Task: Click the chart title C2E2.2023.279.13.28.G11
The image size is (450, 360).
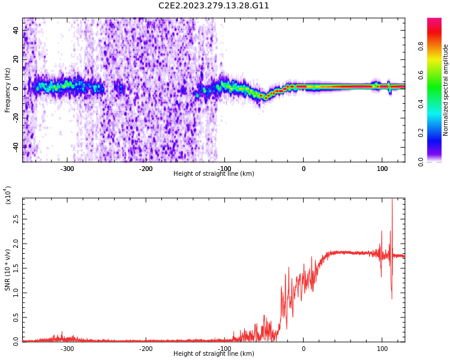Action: (214, 6)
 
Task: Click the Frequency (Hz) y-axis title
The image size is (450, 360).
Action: (7, 90)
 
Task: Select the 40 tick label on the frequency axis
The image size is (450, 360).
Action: (16, 30)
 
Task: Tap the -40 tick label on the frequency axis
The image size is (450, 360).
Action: (16, 147)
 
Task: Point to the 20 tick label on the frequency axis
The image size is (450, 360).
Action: (16, 59)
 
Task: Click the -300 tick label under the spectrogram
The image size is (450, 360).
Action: (67, 169)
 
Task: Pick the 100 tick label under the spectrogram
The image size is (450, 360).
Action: (382, 169)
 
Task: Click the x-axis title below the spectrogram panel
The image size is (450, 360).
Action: (214, 173)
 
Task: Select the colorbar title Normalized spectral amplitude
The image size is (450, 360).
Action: (445, 90)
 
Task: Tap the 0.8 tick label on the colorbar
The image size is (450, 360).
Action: (421, 46)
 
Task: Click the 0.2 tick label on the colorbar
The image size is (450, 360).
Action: (421, 133)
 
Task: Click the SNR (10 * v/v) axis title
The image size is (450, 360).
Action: (7, 270)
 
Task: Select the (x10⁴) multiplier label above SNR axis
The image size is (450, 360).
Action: (8, 195)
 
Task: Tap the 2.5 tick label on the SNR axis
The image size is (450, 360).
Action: (16, 220)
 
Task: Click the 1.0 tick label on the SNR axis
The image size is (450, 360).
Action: (16, 293)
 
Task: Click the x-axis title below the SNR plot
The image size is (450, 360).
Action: (214, 353)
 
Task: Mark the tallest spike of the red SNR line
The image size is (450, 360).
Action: (392, 199)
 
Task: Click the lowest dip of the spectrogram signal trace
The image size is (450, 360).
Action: (266, 98)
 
